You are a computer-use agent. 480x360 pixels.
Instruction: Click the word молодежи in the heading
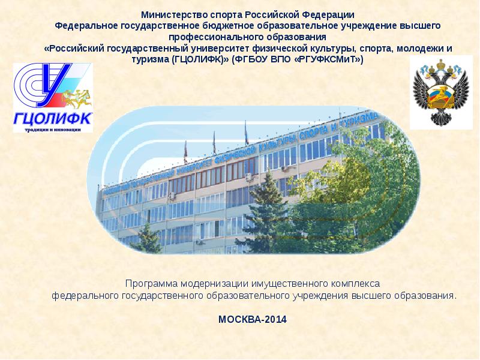pos(421,49)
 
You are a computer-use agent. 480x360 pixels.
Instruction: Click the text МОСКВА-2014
pos(253,319)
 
